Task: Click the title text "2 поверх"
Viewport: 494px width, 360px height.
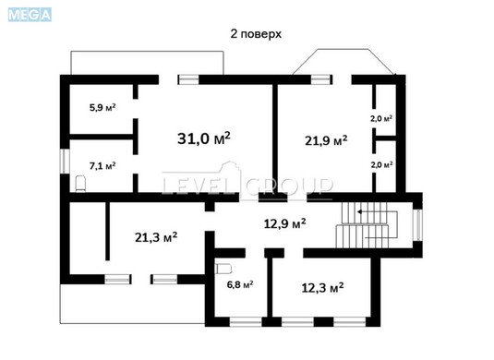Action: (256, 33)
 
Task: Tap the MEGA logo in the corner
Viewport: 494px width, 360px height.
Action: (27, 13)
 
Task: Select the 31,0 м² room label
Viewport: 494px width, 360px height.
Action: (203, 138)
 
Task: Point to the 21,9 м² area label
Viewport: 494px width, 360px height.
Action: (326, 140)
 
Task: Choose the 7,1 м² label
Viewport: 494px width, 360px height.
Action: (102, 166)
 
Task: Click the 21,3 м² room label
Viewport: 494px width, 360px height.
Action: (155, 237)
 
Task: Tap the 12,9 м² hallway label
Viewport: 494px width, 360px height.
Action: (284, 222)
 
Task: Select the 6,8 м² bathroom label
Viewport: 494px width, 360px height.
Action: (240, 285)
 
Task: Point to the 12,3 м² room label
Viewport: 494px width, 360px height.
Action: (322, 288)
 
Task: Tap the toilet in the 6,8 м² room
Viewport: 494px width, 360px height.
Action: (222, 270)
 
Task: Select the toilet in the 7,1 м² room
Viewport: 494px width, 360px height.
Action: (80, 185)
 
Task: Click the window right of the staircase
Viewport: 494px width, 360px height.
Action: (417, 223)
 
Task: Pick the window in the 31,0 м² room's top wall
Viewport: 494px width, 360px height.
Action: (190, 79)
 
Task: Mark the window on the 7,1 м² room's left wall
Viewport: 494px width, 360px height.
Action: (63, 161)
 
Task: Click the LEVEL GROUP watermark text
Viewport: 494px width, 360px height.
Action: (247, 186)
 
